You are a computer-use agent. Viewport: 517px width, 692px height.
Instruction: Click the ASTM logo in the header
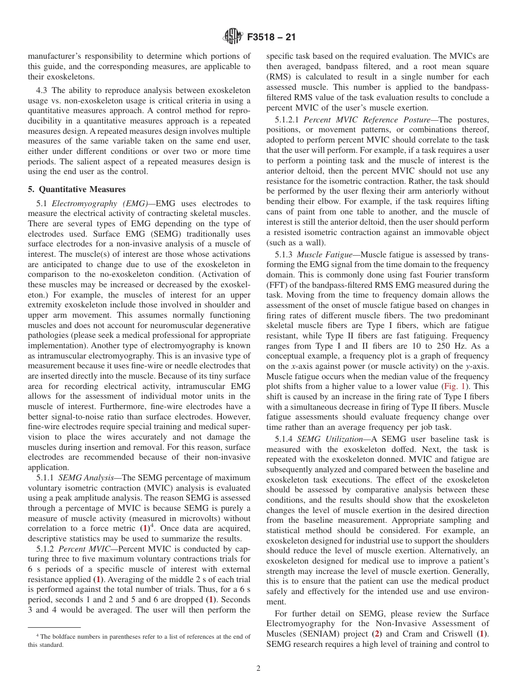pyautogui.click(x=233, y=38)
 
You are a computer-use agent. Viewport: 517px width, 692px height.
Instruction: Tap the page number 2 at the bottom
pyautogui.click(x=258, y=669)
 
